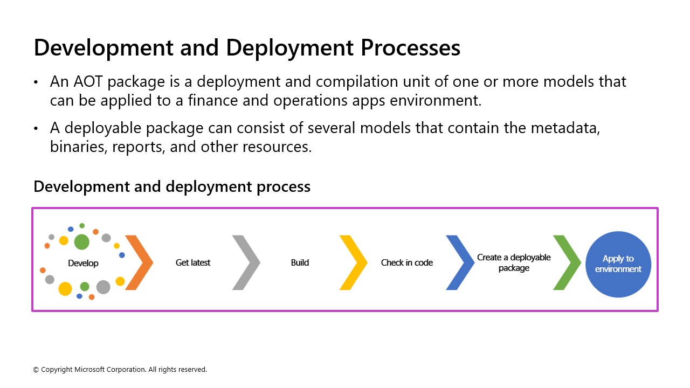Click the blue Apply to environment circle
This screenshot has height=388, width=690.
(618, 264)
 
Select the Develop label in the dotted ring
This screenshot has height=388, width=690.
(83, 263)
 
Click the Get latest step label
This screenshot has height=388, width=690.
(193, 262)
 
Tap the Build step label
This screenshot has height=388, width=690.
(300, 262)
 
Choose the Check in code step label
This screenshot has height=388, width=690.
(407, 262)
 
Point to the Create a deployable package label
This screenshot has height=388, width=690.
(514, 262)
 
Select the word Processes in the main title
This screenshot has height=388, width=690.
(410, 48)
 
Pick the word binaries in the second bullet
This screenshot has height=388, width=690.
(78, 147)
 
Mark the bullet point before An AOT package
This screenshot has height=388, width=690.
(36, 82)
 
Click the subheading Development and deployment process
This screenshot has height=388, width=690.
(172, 186)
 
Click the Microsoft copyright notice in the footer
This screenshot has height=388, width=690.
(120, 370)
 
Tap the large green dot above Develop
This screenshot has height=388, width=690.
(81, 242)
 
